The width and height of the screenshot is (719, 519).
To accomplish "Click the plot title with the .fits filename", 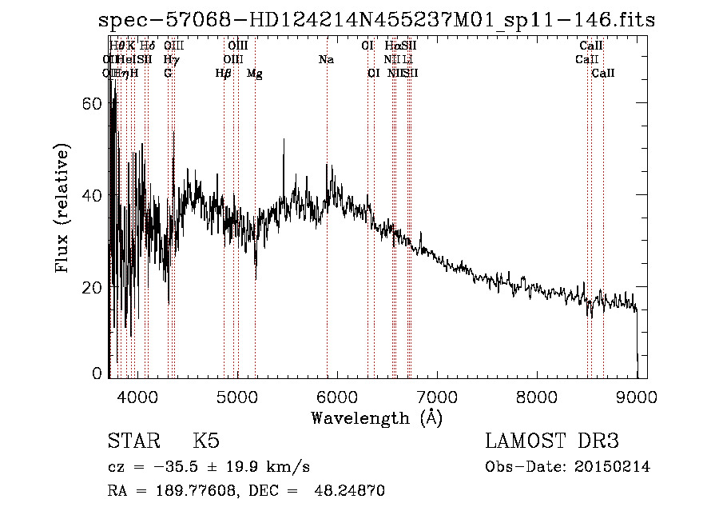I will pos(376,21).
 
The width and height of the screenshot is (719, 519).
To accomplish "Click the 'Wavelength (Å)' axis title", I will pos(376,417).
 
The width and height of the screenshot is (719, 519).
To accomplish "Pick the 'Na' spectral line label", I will pos(326,60).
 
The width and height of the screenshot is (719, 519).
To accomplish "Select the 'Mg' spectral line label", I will pos(254,74).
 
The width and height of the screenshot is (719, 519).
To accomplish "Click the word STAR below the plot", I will pos(133,441).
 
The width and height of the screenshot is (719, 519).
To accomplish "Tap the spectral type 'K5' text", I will pos(205,441).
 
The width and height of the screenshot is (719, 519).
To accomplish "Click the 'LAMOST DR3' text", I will pos(551,441).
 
